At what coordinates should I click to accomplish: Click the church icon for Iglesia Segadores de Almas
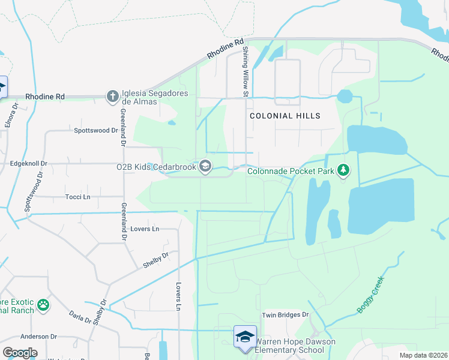click(x=112, y=96)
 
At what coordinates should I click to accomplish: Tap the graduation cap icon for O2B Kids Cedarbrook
click(x=205, y=166)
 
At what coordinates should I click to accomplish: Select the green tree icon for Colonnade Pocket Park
click(x=343, y=171)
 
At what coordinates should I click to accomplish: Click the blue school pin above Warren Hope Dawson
click(x=245, y=336)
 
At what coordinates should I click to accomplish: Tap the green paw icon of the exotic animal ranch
click(x=43, y=305)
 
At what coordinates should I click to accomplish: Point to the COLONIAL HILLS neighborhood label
click(x=285, y=116)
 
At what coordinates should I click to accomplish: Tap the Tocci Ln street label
click(x=77, y=196)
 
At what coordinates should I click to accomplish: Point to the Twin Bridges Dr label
click(x=285, y=314)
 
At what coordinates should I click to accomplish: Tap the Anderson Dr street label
click(x=38, y=337)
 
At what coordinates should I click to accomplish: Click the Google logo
click(x=20, y=352)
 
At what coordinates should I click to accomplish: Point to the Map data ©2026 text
click(x=423, y=355)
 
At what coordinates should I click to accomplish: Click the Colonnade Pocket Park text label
click(x=291, y=172)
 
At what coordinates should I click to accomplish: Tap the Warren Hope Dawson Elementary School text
click(x=295, y=346)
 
